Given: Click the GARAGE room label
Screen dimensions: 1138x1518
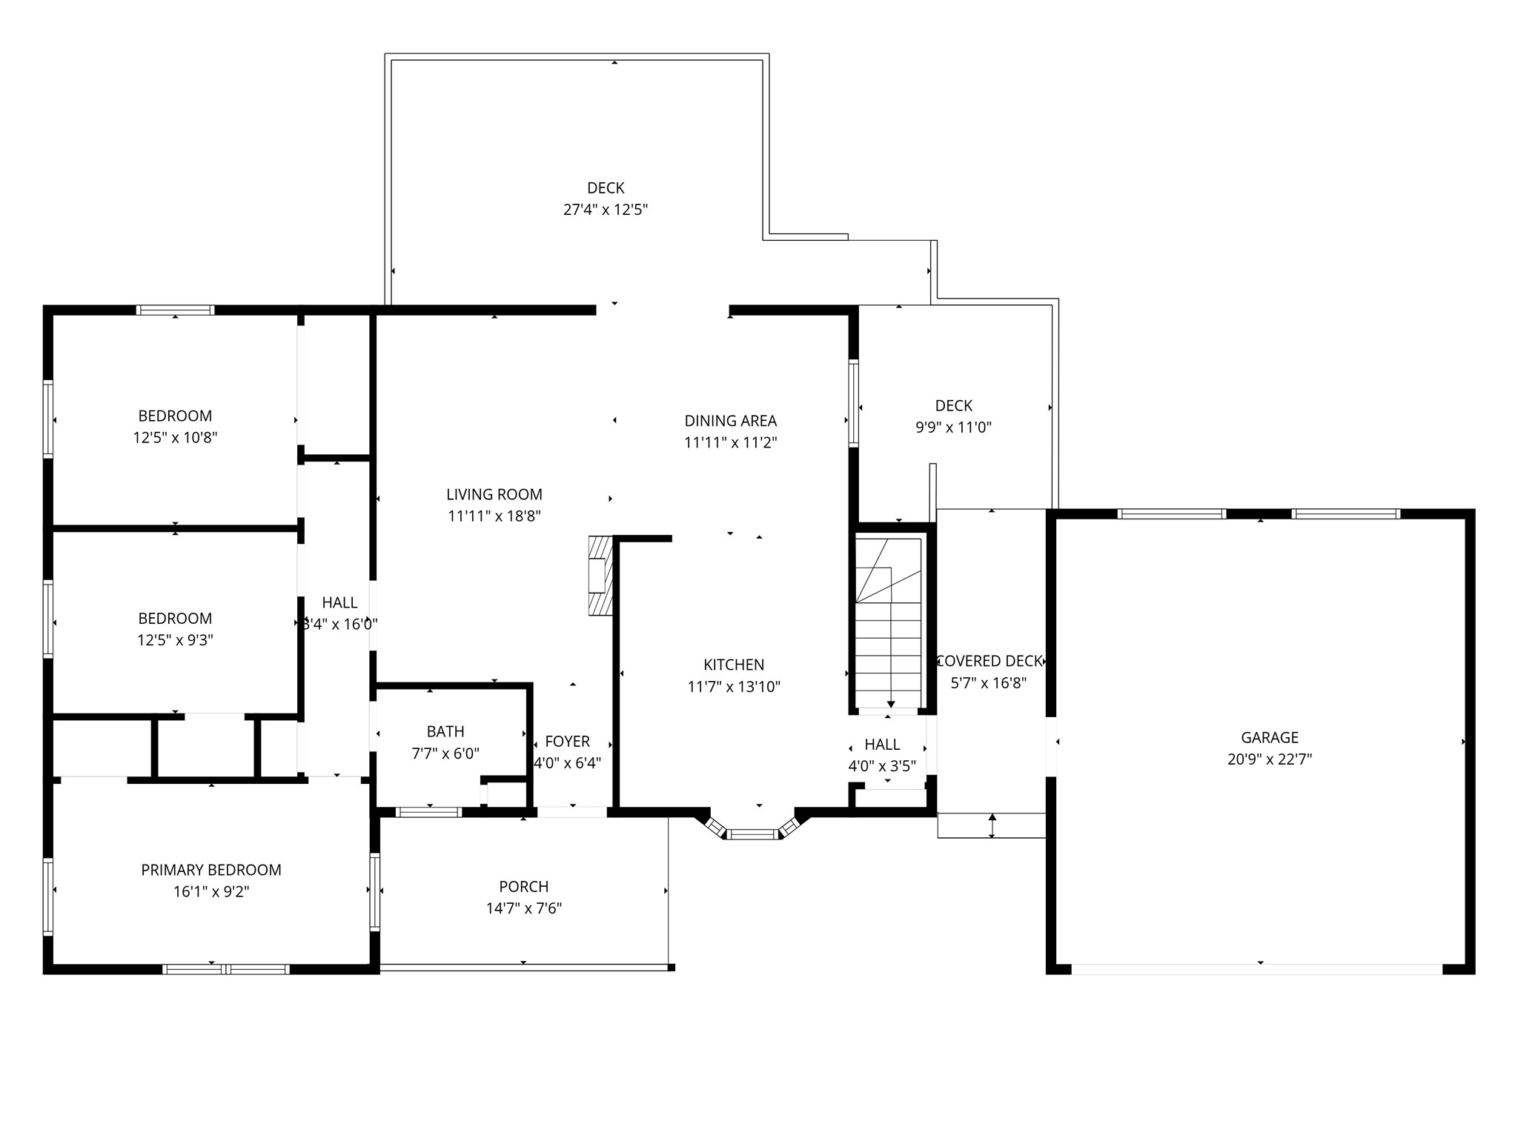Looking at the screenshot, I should coord(1270,737).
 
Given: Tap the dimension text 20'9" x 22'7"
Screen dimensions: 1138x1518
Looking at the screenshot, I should coord(1270,759).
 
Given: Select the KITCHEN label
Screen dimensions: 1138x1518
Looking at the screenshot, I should coord(734,665).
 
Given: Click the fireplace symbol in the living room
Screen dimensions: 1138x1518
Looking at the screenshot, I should coord(600,576).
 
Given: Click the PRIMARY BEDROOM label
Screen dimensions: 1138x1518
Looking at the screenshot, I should coord(211,870).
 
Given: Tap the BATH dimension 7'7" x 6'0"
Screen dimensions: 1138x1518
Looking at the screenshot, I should coord(445,753).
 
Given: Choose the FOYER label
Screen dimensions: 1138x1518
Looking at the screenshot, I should coord(568,742).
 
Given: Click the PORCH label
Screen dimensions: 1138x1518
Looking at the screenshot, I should coord(524,886).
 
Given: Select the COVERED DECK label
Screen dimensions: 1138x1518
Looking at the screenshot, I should coord(990,661).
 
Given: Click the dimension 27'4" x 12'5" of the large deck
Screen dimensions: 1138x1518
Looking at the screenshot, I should coord(606,210).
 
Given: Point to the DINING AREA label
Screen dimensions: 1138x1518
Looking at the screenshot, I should coord(731,421).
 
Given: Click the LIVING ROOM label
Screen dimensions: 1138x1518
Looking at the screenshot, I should coord(494,494).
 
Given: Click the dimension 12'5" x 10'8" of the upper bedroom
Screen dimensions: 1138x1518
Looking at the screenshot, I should coord(175,437).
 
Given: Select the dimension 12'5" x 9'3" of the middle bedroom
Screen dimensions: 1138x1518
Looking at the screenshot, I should coord(175,639).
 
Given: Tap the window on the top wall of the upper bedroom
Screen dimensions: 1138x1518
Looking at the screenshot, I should coord(176,310).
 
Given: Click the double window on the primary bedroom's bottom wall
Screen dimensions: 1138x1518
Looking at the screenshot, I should coord(225,969).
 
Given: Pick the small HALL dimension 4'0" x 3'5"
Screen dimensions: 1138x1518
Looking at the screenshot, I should coord(882,766).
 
